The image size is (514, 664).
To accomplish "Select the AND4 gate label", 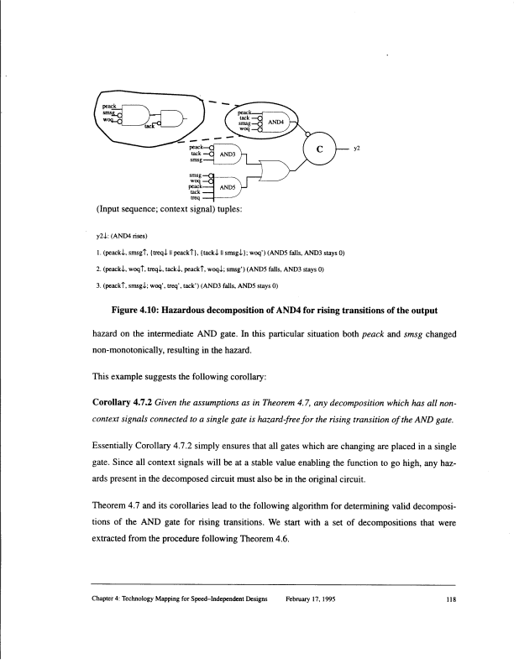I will point(278,123).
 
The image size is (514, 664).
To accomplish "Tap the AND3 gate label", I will point(226,155).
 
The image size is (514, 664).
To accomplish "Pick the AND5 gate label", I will point(226,187).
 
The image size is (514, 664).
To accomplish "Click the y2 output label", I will point(357,149).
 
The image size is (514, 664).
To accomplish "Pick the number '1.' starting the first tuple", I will point(98,251).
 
